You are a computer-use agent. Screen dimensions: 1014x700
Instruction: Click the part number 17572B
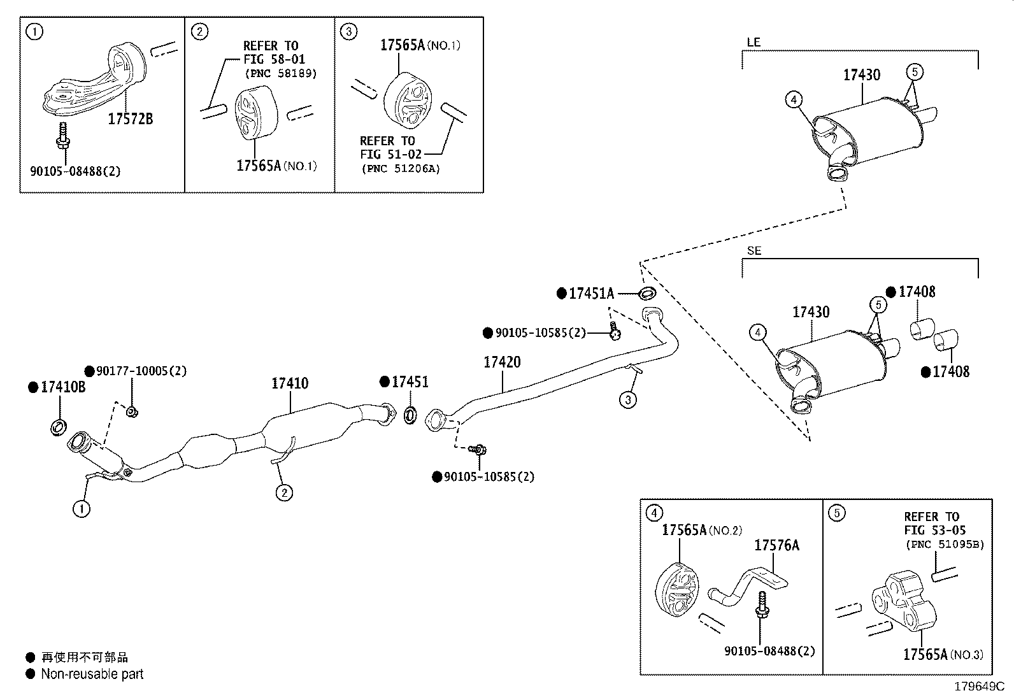(131, 119)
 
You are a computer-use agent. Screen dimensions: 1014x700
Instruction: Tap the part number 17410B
(63, 387)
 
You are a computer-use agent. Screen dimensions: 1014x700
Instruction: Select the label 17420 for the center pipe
(502, 362)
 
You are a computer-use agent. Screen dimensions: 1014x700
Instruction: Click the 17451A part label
(591, 294)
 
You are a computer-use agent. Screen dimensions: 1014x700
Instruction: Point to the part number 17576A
(777, 545)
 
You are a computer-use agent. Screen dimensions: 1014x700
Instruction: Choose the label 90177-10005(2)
(141, 371)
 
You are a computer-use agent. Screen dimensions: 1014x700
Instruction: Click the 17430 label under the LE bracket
(862, 75)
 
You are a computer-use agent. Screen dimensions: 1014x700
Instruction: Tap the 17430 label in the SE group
(811, 312)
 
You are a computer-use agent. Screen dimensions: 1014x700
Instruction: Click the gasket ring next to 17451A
(647, 293)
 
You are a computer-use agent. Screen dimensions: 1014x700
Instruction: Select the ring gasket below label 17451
(410, 415)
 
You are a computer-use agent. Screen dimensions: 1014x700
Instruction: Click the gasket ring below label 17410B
(59, 427)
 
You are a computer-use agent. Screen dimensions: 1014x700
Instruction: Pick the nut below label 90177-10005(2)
(132, 412)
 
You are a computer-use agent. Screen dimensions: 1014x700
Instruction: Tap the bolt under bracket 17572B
(64, 135)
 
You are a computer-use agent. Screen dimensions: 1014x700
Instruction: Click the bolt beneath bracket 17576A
(762, 605)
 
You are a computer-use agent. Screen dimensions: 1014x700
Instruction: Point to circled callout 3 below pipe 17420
(628, 400)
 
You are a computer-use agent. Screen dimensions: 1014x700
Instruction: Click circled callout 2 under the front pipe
(284, 492)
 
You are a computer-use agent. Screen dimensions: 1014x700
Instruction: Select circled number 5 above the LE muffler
(915, 72)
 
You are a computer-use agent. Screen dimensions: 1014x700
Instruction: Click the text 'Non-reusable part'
(92, 674)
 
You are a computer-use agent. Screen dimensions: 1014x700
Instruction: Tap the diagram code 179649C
(980, 687)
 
